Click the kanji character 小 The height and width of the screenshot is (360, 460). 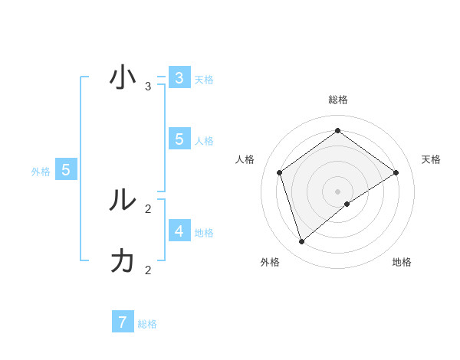(x=123, y=78)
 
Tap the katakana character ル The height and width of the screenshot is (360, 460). (x=123, y=201)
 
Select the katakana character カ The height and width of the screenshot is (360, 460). (x=123, y=261)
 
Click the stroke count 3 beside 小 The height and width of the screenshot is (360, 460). (x=148, y=87)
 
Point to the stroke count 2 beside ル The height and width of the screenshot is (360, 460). (x=148, y=208)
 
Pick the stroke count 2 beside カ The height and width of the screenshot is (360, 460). (x=148, y=270)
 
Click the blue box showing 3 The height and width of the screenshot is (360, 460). (x=179, y=78)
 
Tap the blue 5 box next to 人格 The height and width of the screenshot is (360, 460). (x=179, y=139)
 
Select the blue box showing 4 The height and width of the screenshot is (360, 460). (x=179, y=231)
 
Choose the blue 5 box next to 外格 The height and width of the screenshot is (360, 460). (x=66, y=170)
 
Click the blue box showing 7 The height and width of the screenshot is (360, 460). (x=123, y=322)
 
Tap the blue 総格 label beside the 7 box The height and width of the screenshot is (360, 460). (x=147, y=324)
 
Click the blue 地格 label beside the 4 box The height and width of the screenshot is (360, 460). (x=204, y=233)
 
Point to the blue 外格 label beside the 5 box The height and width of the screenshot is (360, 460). (x=41, y=172)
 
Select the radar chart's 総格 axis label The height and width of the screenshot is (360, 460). (x=337, y=100)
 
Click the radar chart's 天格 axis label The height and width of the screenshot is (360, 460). (x=431, y=159)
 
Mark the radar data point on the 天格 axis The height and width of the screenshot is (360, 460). (x=396, y=172)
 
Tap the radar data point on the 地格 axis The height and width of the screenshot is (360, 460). (x=347, y=204)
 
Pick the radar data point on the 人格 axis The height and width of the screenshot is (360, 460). (x=279, y=172)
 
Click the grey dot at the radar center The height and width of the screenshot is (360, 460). (x=337, y=191)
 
